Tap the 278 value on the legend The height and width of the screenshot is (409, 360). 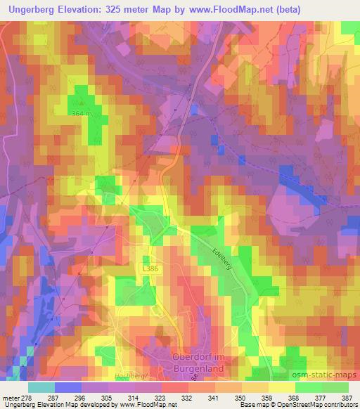27,397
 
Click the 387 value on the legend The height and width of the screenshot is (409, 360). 347,397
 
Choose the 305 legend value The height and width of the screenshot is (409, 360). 107,397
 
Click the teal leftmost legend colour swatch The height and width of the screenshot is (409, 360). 41,387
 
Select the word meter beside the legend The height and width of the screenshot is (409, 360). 9,397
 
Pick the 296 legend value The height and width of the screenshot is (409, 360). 80,397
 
